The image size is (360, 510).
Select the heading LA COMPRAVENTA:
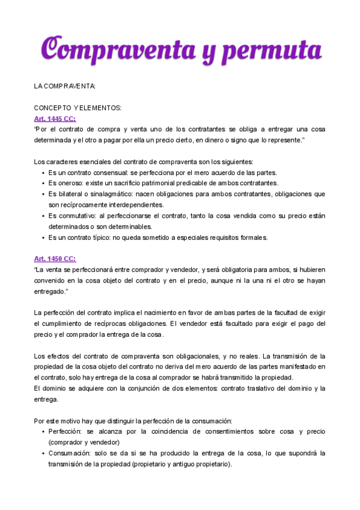(65, 87)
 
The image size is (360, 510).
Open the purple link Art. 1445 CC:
(55, 119)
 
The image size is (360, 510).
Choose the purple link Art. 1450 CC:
(55, 259)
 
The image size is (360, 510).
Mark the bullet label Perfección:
(66, 432)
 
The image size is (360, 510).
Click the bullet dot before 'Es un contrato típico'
(43, 238)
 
